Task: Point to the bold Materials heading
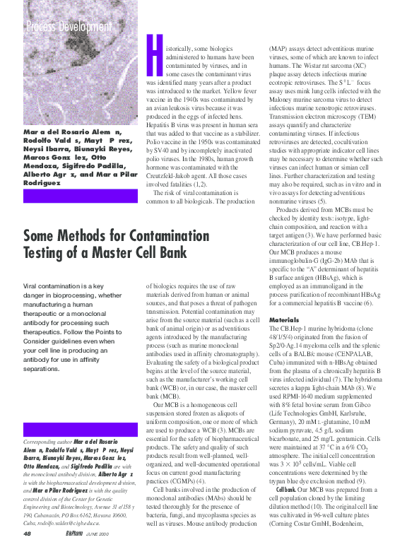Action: [x=283, y=319]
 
